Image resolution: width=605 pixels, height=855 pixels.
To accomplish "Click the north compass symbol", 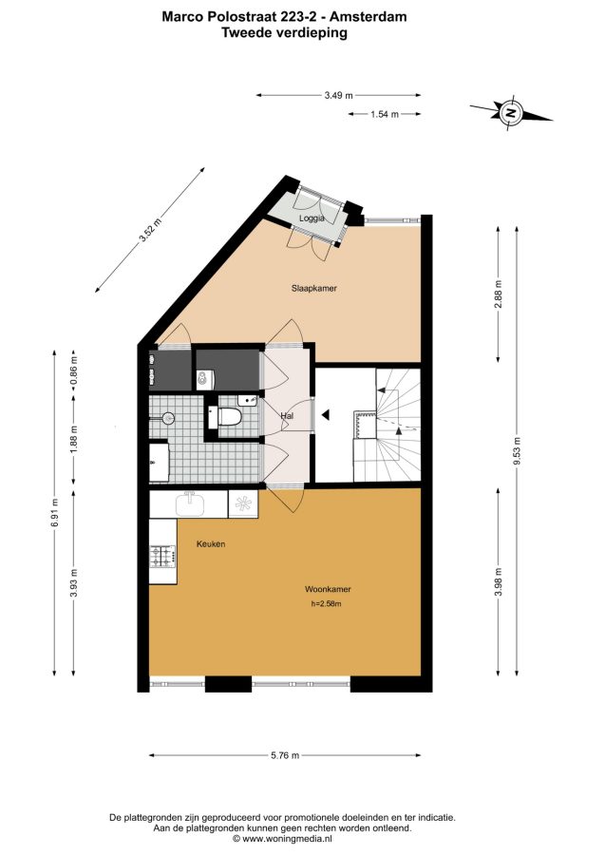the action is pyautogui.click(x=511, y=113).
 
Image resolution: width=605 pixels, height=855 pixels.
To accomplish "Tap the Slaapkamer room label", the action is pyautogui.click(x=314, y=288).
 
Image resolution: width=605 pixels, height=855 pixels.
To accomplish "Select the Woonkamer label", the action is pyautogui.click(x=328, y=589).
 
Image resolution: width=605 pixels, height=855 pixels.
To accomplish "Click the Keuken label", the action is pyautogui.click(x=211, y=543).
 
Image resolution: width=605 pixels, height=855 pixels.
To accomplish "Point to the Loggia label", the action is pyautogui.click(x=312, y=218).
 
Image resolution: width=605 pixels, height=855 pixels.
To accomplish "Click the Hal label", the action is pyautogui.click(x=287, y=416).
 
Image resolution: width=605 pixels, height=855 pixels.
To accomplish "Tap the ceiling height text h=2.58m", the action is pyautogui.click(x=326, y=603).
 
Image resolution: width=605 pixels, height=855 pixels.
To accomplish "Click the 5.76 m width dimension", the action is pyautogui.click(x=285, y=755).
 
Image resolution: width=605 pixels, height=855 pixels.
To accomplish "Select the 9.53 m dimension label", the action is pyautogui.click(x=517, y=450).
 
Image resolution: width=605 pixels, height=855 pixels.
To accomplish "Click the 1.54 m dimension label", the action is pyautogui.click(x=385, y=114).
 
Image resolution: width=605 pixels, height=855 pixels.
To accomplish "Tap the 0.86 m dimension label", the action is pyautogui.click(x=74, y=369).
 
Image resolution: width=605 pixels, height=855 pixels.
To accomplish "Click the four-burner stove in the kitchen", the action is pyautogui.click(x=163, y=556).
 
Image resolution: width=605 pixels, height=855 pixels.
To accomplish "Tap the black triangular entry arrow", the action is pyautogui.click(x=326, y=415).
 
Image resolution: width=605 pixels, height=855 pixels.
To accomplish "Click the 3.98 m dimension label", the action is pyautogui.click(x=498, y=581).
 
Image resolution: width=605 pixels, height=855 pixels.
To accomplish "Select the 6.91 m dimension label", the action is pyautogui.click(x=54, y=513).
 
